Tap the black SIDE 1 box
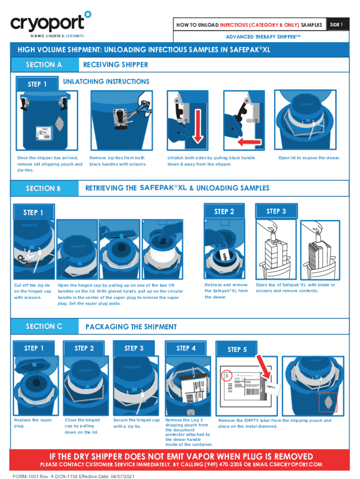coord(338,24)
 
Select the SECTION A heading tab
coord(44,65)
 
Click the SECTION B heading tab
coord(44,188)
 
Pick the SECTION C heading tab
coord(44,326)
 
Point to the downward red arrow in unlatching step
coord(198,126)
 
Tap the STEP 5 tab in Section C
coord(237,349)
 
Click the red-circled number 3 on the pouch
coord(227,376)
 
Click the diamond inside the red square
coord(328,402)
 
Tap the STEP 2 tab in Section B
coord(224,211)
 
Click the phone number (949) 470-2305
coord(226,464)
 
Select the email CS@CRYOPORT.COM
coord(295,464)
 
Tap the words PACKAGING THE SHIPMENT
coord(131,327)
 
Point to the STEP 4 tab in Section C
coord(186,348)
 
